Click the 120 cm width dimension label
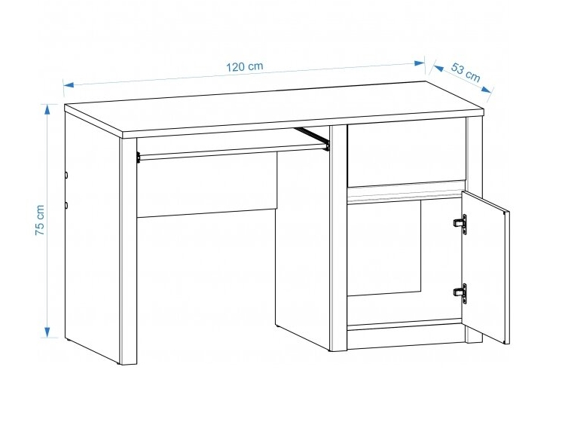coord(245,66)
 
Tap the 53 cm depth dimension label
coord(466,72)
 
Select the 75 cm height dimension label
coord(40,220)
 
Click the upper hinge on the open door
coord(460,224)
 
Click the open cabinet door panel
coord(485,267)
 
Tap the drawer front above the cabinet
coord(407,152)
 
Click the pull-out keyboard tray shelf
coord(232,151)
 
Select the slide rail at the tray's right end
coord(312,138)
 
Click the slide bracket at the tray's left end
coord(138,157)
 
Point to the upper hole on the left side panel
coord(66,175)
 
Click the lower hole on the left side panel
coord(66,205)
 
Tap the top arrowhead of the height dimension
coord(47,109)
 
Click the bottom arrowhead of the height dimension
coord(47,332)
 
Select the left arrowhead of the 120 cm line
coord(69,84)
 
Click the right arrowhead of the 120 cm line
coord(420,63)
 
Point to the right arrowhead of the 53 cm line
coord(487,89)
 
